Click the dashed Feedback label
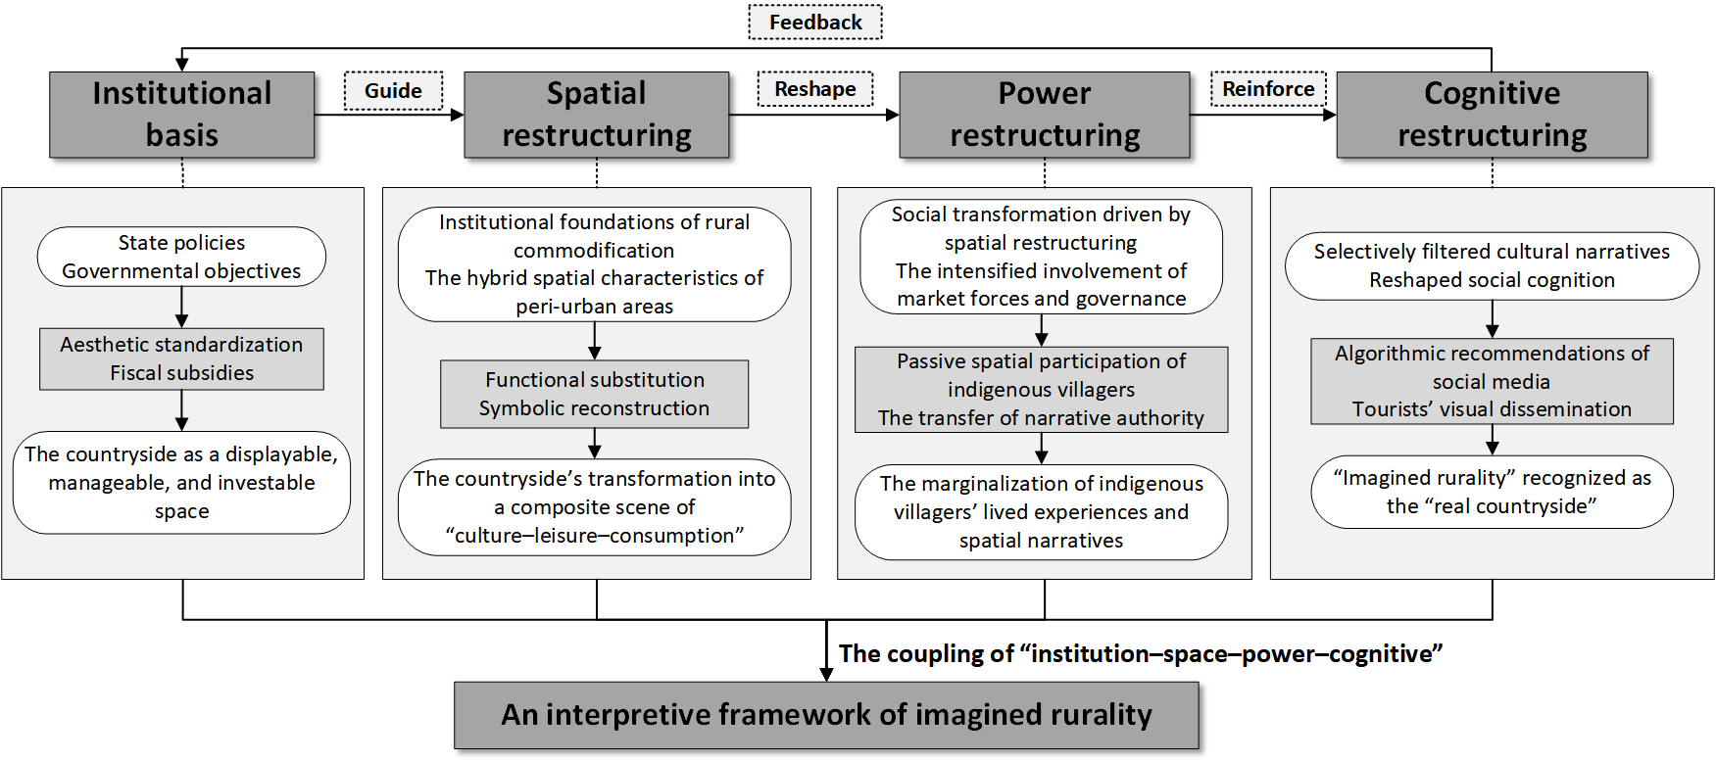click(x=815, y=23)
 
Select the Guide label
click(x=393, y=91)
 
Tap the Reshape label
click(x=814, y=89)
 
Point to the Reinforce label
click(x=1268, y=89)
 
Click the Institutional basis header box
click(x=182, y=115)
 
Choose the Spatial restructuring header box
click(x=596, y=115)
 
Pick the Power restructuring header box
click(x=1045, y=115)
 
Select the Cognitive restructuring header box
click(x=1492, y=115)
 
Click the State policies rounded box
click(x=181, y=257)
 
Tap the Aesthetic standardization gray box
click(x=181, y=358)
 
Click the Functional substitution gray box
click(x=594, y=394)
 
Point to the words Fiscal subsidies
click(x=181, y=373)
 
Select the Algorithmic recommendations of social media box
click(x=1492, y=381)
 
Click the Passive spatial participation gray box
click(x=1041, y=390)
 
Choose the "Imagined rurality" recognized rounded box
click(x=1492, y=492)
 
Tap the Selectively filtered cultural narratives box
click(x=1492, y=265)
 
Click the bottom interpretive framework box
click(x=826, y=715)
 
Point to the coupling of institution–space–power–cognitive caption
click(x=1140, y=653)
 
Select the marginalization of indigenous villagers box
click(x=1041, y=512)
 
